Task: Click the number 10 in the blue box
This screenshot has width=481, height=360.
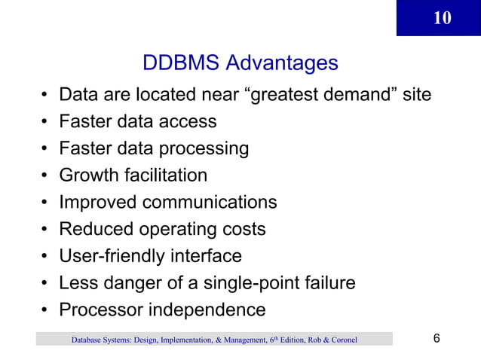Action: coord(443,18)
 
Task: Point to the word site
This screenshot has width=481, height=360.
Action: coord(415,96)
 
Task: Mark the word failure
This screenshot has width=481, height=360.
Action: coord(327,283)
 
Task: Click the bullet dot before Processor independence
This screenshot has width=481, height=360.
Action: coord(46,310)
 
